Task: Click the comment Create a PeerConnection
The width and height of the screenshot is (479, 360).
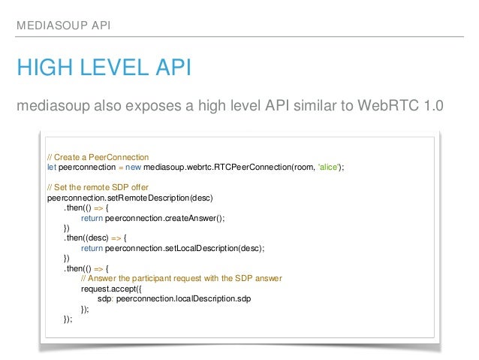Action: click(98, 156)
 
